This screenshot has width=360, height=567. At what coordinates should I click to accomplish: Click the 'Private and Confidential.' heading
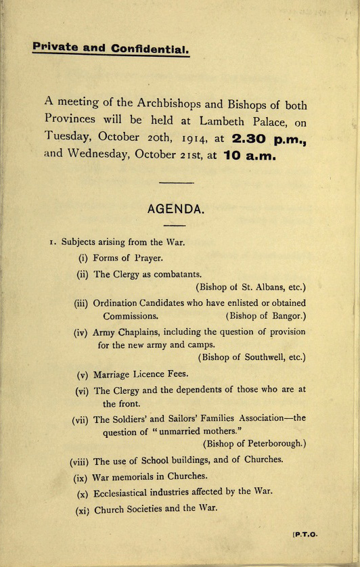[111, 49]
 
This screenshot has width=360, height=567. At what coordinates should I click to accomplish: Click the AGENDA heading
[175, 209]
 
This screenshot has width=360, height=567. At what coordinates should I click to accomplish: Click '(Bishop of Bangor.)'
[265, 315]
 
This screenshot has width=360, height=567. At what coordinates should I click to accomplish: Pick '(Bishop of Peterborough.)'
[254, 444]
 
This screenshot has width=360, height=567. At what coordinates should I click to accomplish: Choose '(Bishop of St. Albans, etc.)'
[250, 286]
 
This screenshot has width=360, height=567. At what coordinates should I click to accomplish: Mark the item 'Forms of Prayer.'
[129, 257]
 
